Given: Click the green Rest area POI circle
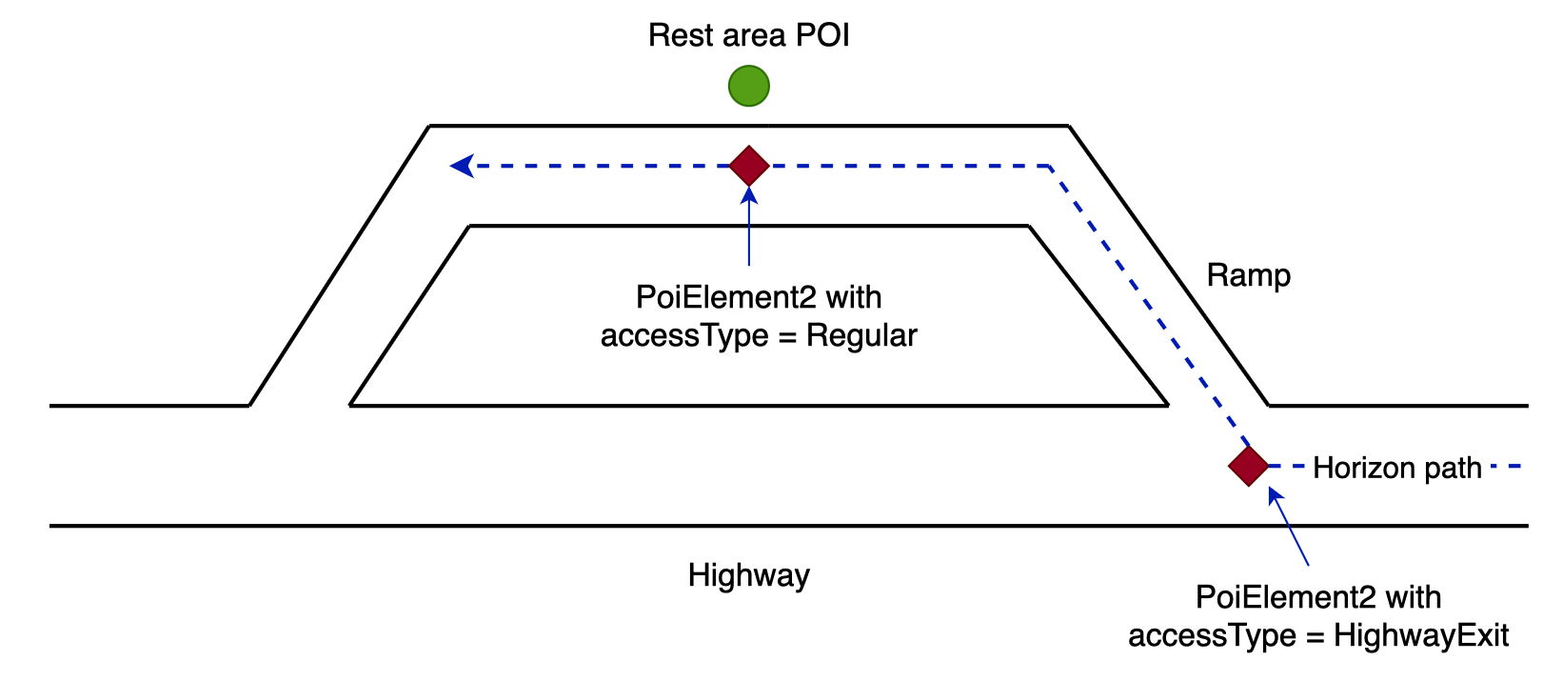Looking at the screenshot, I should click(x=749, y=86).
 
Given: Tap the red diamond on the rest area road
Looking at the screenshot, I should click(x=749, y=167).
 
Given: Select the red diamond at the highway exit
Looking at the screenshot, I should click(x=1248, y=467).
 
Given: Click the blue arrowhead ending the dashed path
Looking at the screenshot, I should click(x=461, y=167).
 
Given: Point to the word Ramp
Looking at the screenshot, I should click(x=1248, y=276).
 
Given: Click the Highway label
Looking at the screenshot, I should click(x=749, y=575).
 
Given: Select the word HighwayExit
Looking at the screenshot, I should click(x=1421, y=635).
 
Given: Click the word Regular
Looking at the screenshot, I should click(x=861, y=335).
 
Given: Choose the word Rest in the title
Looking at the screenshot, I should click(x=674, y=36).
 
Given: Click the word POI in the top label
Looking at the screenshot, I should click(x=822, y=36).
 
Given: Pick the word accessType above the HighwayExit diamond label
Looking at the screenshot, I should click(x=1211, y=635).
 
